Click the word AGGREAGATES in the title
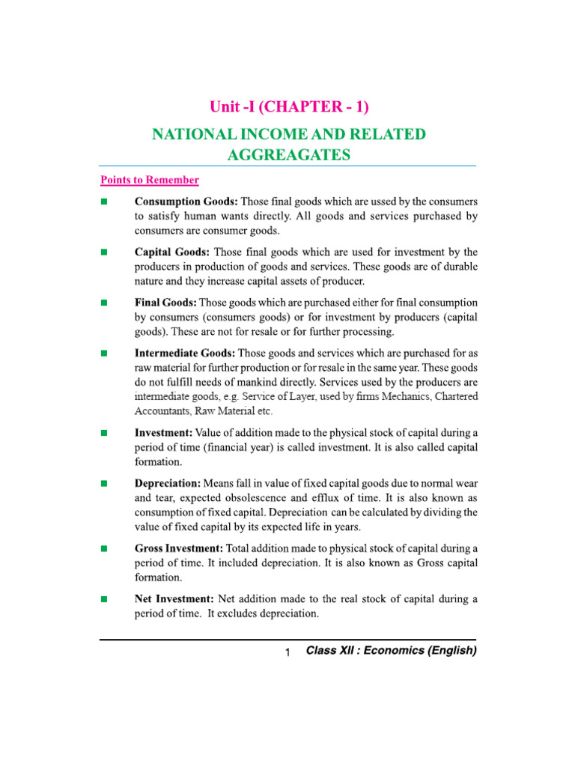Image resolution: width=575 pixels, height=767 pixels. [x=289, y=154]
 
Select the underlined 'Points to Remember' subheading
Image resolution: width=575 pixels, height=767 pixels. [x=150, y=180]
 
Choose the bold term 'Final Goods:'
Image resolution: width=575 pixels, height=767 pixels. [x=165, y=303]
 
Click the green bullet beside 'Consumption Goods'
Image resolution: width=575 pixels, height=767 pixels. [x=104, y=202]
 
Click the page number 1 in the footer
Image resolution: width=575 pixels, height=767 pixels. [x=287, y=653]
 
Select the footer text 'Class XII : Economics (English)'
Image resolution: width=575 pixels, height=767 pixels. [x=391, y=651]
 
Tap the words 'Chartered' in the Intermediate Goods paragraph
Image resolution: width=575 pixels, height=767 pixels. [x=450, y=395]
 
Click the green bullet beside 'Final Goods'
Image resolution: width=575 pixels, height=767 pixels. [x=104, y=303]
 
